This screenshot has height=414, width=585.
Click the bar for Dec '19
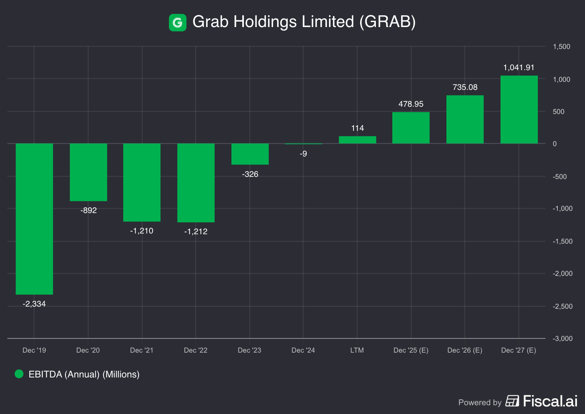[34, 219]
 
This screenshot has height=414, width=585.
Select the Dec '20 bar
[88, 172]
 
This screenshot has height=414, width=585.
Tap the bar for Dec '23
[250, 154]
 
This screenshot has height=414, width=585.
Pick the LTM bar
[358, 140]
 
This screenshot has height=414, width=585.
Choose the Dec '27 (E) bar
[519, 110]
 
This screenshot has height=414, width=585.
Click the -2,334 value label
[34, 304]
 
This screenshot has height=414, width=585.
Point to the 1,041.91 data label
[519, 68]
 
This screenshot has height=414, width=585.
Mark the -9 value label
[303, 154]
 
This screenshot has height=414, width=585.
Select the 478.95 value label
[411, 104]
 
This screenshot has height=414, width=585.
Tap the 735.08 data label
[465, 87]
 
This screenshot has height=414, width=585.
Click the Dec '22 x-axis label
[196, 350]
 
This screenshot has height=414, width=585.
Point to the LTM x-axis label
[357, 350]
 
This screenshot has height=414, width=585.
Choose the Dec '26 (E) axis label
[465, 350]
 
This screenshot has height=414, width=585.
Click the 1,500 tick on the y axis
[562, 47]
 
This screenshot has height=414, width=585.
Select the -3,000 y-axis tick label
[563, 339]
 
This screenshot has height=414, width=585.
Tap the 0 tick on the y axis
[555, 144]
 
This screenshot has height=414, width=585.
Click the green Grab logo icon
[178, 23]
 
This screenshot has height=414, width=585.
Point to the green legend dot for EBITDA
[19, 374]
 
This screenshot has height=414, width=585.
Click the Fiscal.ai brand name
[550, 401]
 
